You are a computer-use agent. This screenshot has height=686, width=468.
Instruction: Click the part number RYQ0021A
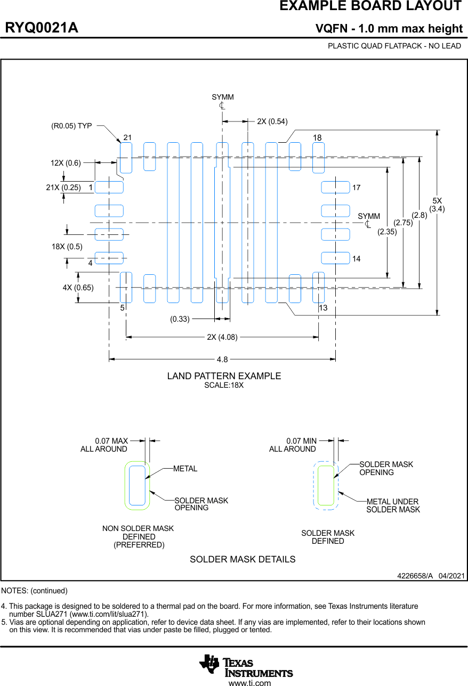click(x=42, y=28)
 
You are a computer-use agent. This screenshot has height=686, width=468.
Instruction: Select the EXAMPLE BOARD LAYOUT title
click(x=370, y=6)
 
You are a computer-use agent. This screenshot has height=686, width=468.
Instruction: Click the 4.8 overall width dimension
click(x=222, y=360)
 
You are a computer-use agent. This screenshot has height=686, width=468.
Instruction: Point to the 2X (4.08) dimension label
click(x=222, y=337)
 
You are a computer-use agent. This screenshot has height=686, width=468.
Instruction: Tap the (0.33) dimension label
click(x=180, y=320)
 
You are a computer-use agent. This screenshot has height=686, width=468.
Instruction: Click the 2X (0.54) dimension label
click(x=272, y=121)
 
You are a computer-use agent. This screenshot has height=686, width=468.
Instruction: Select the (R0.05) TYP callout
click(x=71, y=126)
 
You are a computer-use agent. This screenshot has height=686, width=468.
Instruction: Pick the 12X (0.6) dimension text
click(x=66, y=163)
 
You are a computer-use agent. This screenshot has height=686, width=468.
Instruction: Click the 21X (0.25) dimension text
click(x=63, y=187)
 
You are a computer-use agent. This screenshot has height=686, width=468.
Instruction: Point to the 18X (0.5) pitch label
click(x=67, y=247)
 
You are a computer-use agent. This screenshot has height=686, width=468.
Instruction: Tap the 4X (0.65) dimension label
click(x=78, y=288)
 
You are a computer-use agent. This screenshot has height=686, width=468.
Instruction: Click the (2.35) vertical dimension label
click(x=387, y=232)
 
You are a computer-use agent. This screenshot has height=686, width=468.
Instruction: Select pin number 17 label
click(x=357, y=188)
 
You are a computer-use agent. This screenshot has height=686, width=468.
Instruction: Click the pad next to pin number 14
click(x=335, y=258)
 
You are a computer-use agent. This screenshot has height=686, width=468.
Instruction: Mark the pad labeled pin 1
click(x=109, y=187)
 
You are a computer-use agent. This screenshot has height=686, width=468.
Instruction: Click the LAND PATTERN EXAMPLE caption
click(x=224, y=376)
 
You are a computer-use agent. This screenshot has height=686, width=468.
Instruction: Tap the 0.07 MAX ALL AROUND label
click(x=104, y=445)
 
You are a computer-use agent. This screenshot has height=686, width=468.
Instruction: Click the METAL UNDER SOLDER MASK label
click(x=393, y=506)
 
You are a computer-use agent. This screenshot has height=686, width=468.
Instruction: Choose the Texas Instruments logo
click(x=246, y=665)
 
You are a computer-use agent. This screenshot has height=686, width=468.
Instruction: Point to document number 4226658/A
click(x=415, y=576)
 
